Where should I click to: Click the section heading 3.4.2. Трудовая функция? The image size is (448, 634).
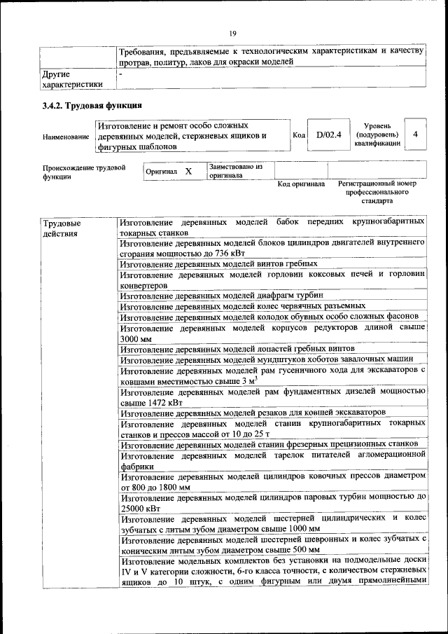pyautogui.click(x=92, y=106)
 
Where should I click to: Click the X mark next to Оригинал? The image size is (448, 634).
pyautogui.click(x=188, y=172)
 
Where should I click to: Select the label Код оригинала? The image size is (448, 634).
pyautogui.click(x=301, y=184)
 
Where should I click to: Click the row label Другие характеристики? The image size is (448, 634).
pyautogui.click(x=72, y=78)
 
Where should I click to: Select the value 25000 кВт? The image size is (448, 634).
pyautogui.click(x=140, y=508)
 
